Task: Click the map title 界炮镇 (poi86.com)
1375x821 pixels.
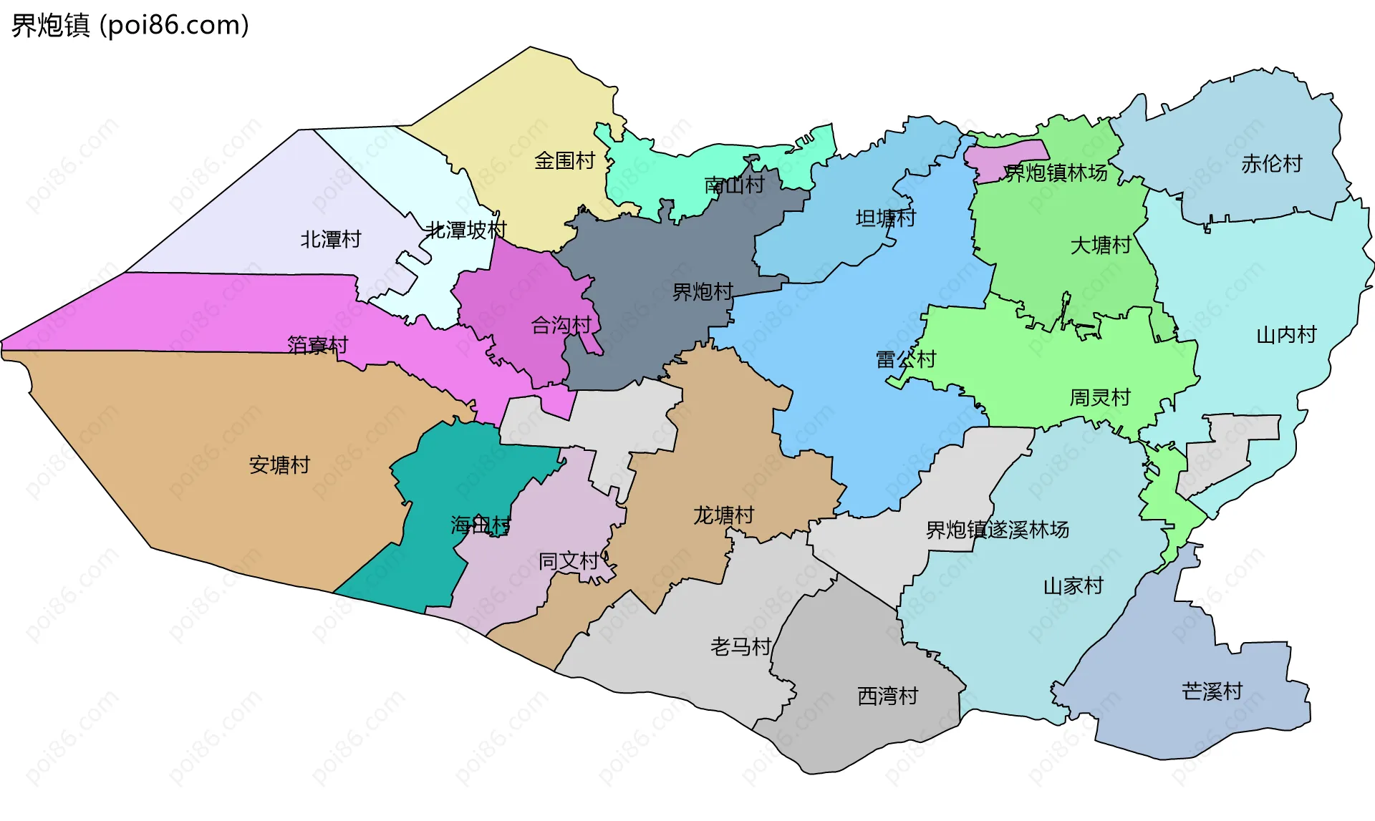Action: coord(130,26)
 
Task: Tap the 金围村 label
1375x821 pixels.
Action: coord(564,161)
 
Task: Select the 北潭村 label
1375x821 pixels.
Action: coord(330,239)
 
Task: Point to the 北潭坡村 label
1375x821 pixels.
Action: coord(465,230)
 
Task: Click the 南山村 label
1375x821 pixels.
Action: coord(734,185)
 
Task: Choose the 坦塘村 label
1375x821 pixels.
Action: coord(885,218)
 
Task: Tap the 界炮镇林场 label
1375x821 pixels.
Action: coord(1056,173)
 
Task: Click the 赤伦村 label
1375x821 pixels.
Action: coord(1271,164)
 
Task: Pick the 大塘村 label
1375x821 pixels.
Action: coord(1100,246)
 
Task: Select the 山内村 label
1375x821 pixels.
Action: coord(1286,335)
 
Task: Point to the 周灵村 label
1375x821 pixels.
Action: coord(1099,397)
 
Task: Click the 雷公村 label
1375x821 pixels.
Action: coord(906,359)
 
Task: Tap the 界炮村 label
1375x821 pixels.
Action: coord(703,292)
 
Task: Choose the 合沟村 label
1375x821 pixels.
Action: coord(561,326)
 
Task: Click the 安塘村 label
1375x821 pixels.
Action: coord(279,465)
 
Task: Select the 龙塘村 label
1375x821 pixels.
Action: coord(723,515)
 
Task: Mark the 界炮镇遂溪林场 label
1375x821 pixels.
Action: coord(997,530)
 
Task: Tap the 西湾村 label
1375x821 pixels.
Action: coord(887,696)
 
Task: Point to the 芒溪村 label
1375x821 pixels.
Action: coord(1212,691)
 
